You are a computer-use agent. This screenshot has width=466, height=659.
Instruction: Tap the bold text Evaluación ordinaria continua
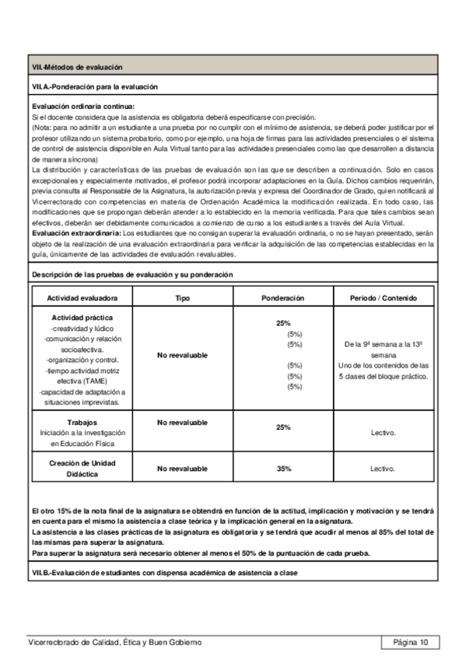83,106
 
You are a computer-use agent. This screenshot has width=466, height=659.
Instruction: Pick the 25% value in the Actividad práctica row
283,323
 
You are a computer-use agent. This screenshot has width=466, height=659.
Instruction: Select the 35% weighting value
283,469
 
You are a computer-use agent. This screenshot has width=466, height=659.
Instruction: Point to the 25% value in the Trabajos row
283,427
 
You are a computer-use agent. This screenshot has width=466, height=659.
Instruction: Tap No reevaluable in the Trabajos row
182,422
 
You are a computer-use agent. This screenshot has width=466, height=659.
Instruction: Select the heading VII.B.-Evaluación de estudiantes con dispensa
163,573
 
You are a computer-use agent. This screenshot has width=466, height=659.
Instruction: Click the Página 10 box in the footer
410,642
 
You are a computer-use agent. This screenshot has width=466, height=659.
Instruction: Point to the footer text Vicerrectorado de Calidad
114,642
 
